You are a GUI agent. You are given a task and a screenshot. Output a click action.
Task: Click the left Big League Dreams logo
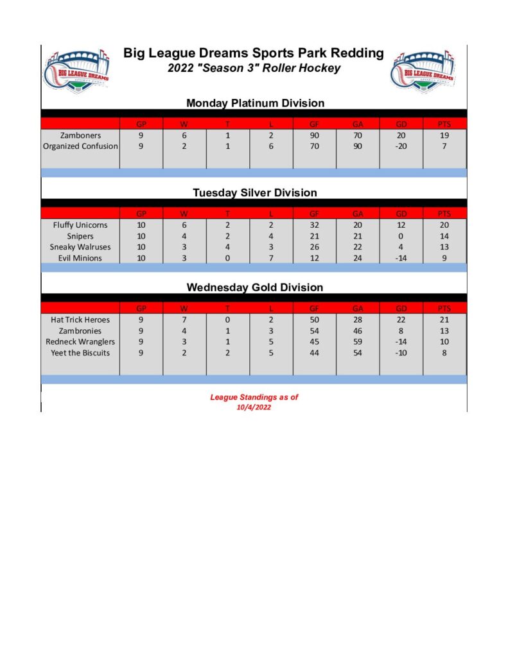coord(76,72)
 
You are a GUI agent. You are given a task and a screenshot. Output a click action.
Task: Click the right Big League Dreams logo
coord(422,72)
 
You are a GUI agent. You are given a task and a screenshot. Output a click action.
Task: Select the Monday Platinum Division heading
coord(255,103)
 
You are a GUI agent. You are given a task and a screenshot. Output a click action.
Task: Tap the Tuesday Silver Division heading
coord(255,192)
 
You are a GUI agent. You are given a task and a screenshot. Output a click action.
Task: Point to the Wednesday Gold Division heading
coord(255,287)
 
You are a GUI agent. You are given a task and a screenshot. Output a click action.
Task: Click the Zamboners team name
coord(80,135)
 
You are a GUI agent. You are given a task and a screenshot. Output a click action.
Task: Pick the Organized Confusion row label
coord(80,146)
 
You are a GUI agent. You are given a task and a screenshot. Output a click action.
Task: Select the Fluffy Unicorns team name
coord(80,225)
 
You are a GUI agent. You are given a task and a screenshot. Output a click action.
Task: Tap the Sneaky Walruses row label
coord(80,247)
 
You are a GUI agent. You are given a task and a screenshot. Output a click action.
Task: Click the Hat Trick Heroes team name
coord(80,320)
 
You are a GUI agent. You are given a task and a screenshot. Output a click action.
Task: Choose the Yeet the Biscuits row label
coord(80,353)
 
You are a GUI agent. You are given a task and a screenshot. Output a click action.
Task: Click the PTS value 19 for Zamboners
coord(444,135)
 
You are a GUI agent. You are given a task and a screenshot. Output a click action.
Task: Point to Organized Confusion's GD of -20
coord(401,146)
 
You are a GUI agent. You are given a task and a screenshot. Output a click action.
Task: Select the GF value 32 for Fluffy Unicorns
coord(315,225)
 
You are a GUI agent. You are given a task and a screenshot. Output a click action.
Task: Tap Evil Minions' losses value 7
coord(271,258)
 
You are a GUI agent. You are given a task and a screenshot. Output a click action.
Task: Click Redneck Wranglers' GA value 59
coord(358,342)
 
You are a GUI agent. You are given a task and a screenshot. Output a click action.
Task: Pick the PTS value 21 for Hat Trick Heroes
coord(444,320)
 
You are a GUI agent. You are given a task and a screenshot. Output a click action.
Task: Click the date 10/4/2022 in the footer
coord(254,407)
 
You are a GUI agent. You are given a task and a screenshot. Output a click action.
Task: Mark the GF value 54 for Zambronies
coord(315,331)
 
